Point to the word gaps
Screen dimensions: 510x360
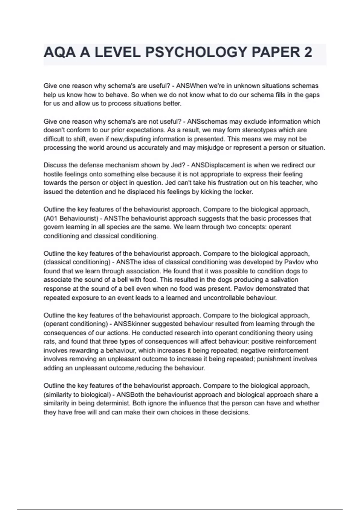click(313, 95)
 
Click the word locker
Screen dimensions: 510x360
click(243, 192)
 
